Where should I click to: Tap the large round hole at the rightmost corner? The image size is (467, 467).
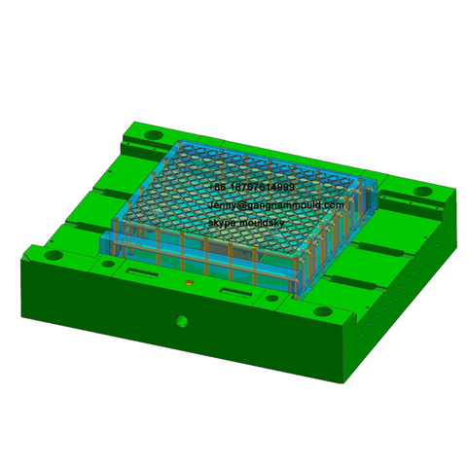[x=424, y=191]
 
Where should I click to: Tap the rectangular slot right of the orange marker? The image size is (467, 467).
[x=235, y=292]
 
